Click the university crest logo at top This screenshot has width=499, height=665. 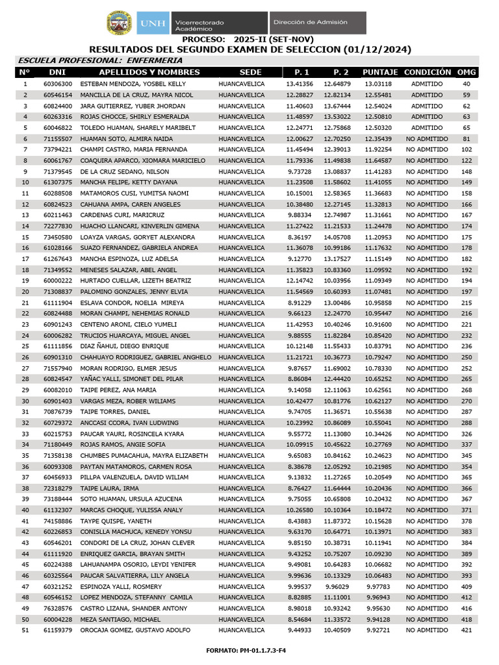(x=120, y=23)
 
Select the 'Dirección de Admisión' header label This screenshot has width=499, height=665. (x=310, y=22)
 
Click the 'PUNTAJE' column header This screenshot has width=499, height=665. (x=380, y=72)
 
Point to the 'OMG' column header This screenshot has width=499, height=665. (x=467, y=72)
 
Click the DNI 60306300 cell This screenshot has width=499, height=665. (x=58, y=84)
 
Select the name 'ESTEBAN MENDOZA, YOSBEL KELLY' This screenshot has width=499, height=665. (x=133, y=84)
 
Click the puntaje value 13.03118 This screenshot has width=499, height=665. (x=378, y=84)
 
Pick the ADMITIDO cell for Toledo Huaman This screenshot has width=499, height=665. (x=427, y=128)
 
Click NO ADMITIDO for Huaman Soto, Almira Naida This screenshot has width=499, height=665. (x=427, y=139)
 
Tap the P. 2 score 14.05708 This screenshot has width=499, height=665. (x=337, y=237)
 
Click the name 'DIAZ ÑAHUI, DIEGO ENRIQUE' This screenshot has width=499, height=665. (x=124, y=347)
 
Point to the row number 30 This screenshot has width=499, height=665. (x=25, y=401)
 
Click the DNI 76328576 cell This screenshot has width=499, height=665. (x=58, y=609)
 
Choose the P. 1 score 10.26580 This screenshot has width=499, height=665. (x=300, y=510)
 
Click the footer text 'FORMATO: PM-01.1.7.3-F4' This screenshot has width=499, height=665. (x=249, y=650)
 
